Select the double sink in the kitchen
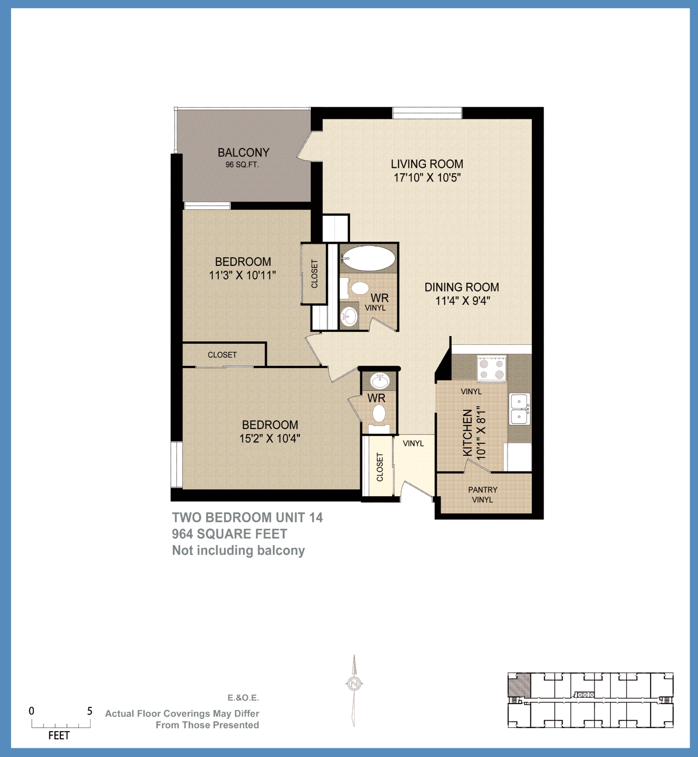[x=519, y=409]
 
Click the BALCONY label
[x=243, y=152]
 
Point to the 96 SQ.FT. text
[x=242, y=165]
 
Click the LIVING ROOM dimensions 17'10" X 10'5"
[x=427, y=177]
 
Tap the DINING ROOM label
[x=461, y=287]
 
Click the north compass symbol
[x=354, y=683]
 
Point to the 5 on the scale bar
[x=89, y=711]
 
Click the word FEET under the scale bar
[x=59, y=736]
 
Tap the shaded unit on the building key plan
[x=519, y=685]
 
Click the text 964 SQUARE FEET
[x=229, y=534]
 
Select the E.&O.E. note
[x=243, y=698]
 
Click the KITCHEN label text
[x=467, y=432]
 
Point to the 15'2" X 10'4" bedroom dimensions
[x=270, y=439]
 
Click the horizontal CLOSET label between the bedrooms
[x=222, y=355]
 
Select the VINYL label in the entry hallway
[x=413, y=443]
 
